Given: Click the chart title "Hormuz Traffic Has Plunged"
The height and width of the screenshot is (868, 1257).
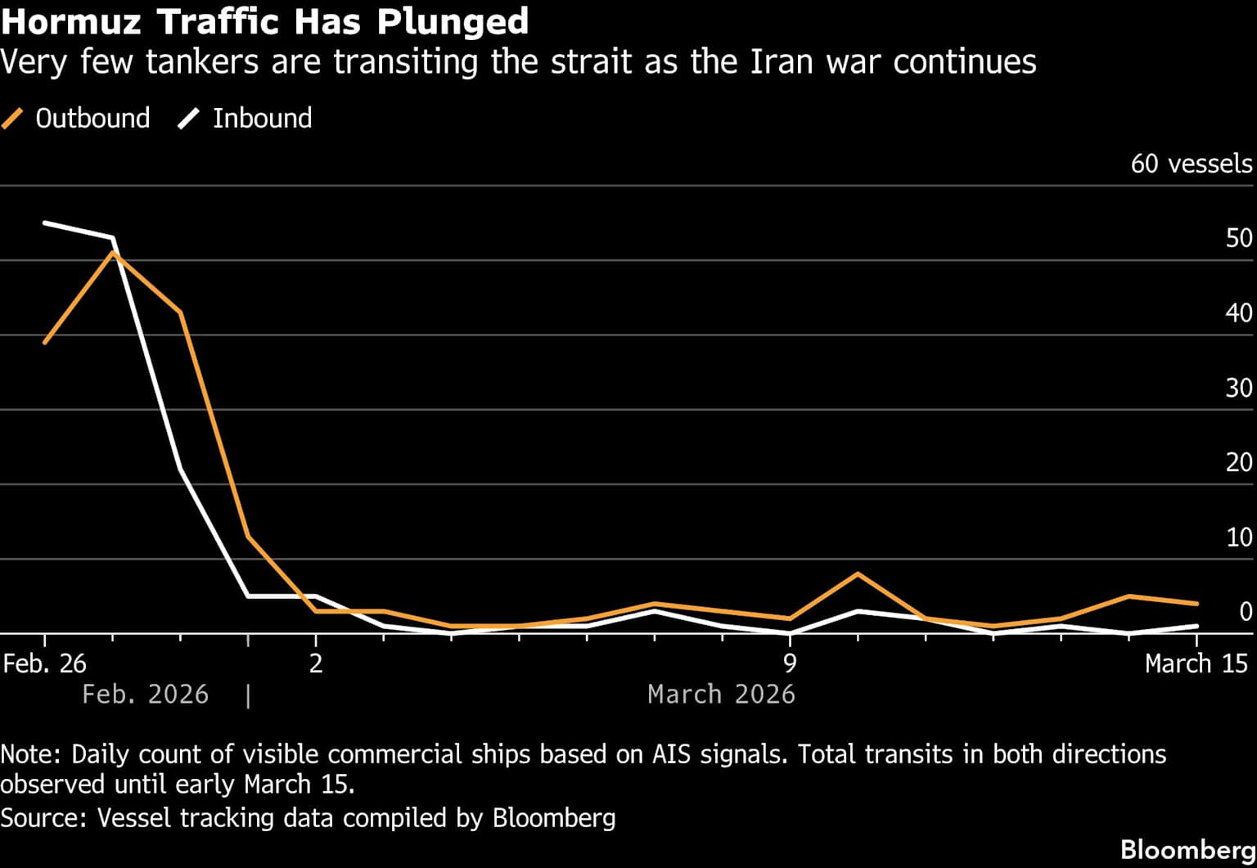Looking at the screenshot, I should (264, 21).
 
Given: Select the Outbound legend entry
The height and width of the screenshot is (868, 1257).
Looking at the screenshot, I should (77, 119).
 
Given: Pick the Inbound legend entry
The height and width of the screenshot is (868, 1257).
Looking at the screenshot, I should (246, 119).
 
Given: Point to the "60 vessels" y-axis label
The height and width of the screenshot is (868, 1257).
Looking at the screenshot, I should (1191, 164).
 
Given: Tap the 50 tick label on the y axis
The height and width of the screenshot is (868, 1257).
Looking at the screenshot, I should (1239, 238).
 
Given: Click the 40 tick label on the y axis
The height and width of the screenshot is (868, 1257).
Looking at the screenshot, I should (1239, 313).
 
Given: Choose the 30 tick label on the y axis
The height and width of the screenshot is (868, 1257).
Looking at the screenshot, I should (1239, 388).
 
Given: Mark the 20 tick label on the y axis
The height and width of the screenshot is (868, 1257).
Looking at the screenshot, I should (1239, 462).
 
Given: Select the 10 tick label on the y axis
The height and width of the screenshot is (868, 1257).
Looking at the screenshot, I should (1239, 537).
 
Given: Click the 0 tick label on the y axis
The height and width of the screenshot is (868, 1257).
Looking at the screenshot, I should (1246, 612).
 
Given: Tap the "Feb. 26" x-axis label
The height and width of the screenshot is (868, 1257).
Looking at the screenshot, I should (44, 663).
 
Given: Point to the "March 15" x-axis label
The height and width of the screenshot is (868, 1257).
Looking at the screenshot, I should (1196, 663).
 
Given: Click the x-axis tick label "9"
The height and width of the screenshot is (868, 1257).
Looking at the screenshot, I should (790, 663).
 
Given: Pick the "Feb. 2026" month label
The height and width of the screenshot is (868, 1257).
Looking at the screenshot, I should (145, 695).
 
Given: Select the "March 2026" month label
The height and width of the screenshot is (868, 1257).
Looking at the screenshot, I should (721, 695).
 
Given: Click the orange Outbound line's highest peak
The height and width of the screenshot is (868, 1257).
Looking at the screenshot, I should (113, 253).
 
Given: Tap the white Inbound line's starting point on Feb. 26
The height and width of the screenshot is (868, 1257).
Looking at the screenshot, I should (45, 223).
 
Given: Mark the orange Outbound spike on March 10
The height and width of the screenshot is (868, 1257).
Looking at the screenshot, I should (857, 573).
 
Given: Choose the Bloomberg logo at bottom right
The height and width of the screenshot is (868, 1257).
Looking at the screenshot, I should (1187, 849).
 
